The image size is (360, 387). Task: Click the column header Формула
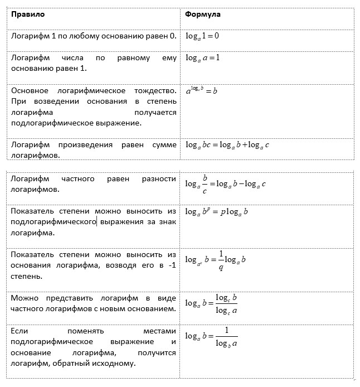tap(203, 14)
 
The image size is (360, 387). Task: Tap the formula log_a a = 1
tap(203, 58)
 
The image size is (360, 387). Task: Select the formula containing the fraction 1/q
tap(216, 259)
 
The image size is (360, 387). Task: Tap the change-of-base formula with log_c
tap(212, 303)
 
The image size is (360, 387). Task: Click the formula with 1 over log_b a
tap(212, 337)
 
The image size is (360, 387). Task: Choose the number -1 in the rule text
tap(172, 265)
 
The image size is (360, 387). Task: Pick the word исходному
tap(114, 363)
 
